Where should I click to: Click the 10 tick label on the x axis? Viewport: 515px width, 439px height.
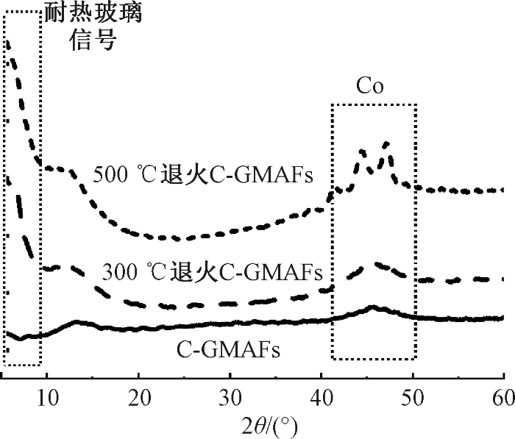point(46,398)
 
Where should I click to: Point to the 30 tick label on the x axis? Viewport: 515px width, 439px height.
point(230,398)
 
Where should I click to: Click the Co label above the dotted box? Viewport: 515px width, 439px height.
point(371,87)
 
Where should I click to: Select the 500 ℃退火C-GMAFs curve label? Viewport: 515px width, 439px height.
point(204,176)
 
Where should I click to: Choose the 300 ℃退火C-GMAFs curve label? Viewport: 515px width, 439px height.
point(213,273)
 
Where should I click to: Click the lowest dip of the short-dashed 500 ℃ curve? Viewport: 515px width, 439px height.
point(177,238)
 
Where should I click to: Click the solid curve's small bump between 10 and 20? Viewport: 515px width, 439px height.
point(76,321)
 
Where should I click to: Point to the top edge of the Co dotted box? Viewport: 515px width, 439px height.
point(374,104)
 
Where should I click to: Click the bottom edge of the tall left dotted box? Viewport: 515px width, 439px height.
point(22,365)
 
